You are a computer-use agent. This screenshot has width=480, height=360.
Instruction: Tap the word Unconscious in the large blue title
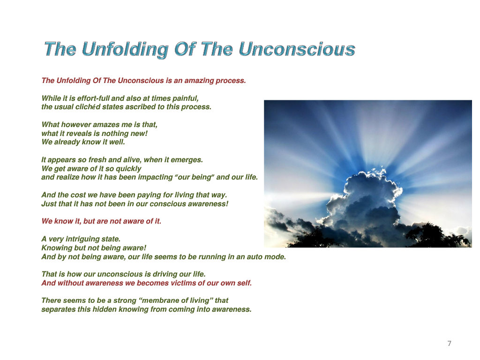pyautogui.click(x=297, y=49)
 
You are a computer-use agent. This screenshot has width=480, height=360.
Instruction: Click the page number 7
pyautogui.click(x=449, y=344)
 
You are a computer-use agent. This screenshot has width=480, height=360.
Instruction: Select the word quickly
pyautogui.click(x=128, y=169)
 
